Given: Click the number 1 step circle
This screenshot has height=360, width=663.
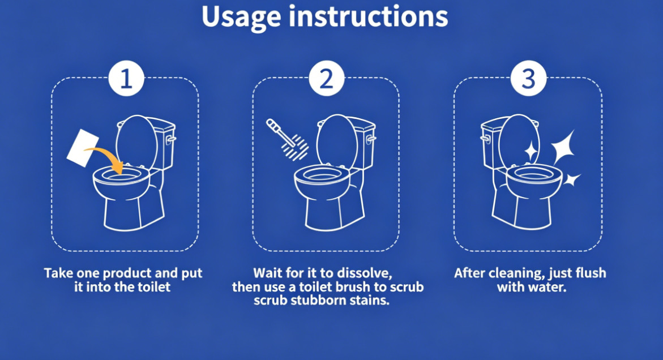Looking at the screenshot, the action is tap(126, 79).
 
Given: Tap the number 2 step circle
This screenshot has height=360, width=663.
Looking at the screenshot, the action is tap(327, 79).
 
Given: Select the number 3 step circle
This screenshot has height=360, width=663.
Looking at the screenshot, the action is tap(529, 79).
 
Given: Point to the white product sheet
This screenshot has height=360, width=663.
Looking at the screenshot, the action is tap(83, 148).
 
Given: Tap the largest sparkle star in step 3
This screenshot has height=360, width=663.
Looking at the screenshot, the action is tap(563, 147).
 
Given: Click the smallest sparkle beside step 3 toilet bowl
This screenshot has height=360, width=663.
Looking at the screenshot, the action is tap(571, 179).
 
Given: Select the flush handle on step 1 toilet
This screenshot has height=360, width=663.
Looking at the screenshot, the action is tap(170, 139).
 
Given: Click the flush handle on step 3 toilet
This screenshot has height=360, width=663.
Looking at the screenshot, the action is tap(485, 139).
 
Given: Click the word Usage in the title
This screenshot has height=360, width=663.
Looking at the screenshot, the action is tap(241, 18).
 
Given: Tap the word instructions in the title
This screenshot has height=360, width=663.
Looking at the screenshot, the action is tap(368, 17).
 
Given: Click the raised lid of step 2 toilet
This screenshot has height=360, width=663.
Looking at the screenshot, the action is tap(336, 139).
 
